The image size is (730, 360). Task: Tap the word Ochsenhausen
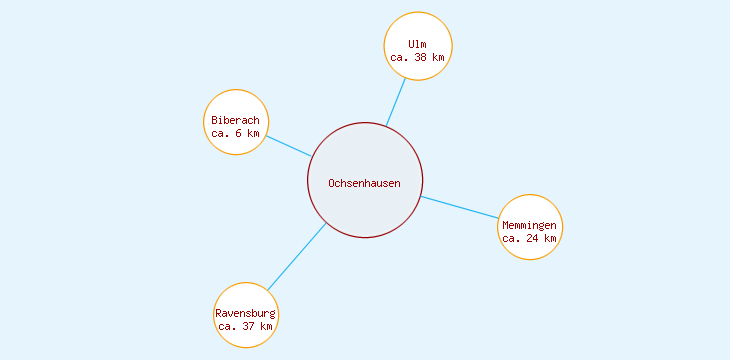click(365, 183)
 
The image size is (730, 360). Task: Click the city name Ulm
click(418, 44)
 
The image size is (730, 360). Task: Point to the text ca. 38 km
click(418, 58)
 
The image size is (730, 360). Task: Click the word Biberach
click(236, 120)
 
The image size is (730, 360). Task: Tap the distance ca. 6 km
click(236, 133)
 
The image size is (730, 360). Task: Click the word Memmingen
click(530, 225)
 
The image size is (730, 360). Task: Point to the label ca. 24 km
click(530, 238)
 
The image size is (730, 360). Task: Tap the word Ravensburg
click(246, 313)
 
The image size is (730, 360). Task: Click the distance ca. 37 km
click(246, 326)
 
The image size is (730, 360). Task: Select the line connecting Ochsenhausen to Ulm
click(396, 102)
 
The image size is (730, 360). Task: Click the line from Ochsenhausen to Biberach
click(288, 146)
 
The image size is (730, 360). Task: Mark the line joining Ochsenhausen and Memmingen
click(460, 207)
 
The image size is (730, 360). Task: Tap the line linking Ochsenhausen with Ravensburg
click(297, 256)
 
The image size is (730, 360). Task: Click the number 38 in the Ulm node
click(422, 58)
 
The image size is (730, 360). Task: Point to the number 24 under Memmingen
click(533, 238)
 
